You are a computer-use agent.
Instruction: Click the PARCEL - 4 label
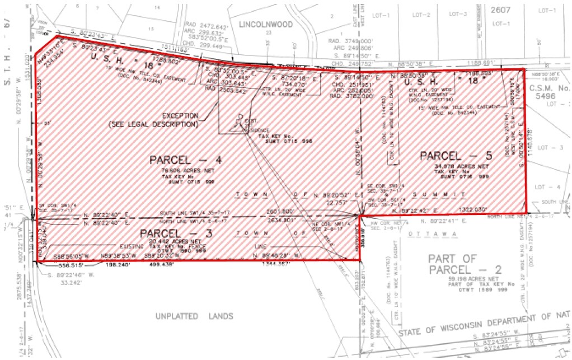point(179,160)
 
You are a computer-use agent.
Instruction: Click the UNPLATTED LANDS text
point(194,316)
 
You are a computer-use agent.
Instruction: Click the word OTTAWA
point(424,233)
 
